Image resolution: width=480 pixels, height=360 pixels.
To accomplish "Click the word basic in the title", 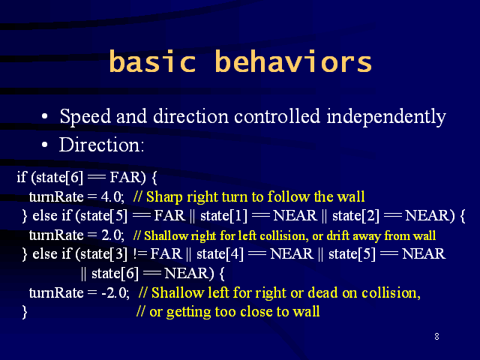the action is click(x=152, y=61).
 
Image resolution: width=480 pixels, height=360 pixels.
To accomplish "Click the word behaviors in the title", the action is click(x=293, y=61).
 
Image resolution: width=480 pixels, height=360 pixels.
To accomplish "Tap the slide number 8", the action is click(x=436, y=337).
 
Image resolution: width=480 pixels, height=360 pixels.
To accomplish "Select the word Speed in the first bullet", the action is click(x=85, y=116).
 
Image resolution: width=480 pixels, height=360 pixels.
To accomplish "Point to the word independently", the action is click(x=386, y=117).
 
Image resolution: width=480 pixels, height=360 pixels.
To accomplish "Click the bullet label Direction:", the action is click(x=101, y=145).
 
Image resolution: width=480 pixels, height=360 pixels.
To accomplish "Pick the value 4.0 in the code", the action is click(x=112, y=196).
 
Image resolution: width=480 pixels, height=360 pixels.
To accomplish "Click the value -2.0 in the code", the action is click(x=115, y=293).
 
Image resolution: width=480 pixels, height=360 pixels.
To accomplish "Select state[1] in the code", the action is click(x=223, y=215).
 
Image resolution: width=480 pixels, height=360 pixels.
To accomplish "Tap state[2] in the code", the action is click(x=355, y=215).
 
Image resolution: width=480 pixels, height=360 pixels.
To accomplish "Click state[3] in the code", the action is click(x=103, y=254).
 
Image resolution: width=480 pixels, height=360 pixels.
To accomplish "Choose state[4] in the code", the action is click(x=220, y=254).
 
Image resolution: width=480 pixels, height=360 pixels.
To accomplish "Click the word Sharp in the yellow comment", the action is click(x=164, y=196).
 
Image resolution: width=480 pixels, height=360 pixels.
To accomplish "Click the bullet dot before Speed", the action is click(x=45, y=117).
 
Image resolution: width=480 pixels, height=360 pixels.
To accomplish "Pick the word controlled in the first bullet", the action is click(x=277, y=116).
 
